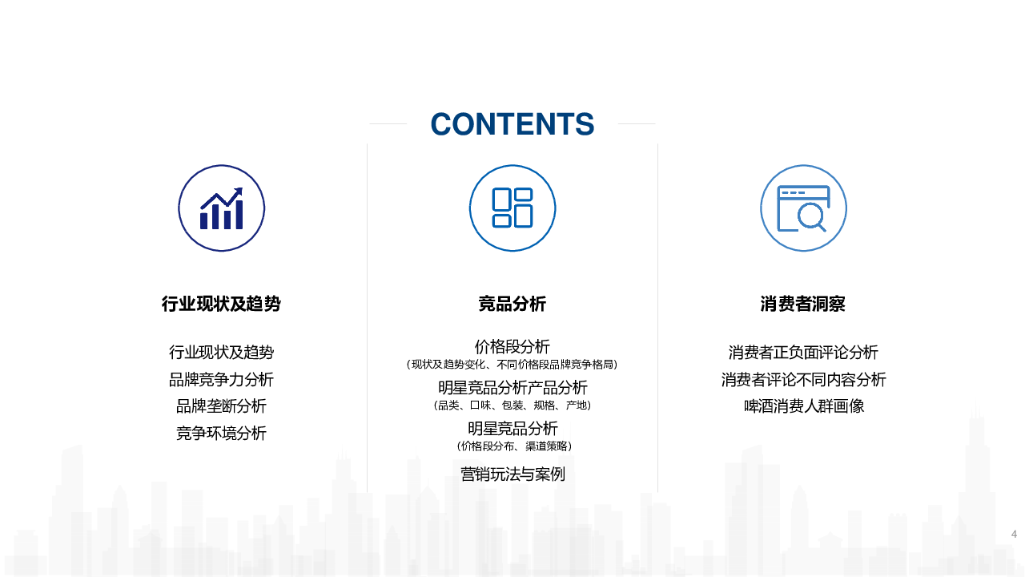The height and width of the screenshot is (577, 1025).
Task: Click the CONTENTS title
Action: click(512, 124)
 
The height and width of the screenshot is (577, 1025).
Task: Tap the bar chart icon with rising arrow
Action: click(222, 208)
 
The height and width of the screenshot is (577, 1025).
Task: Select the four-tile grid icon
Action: click(512, 208)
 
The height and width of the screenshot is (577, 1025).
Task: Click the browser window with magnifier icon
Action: click(803, 208)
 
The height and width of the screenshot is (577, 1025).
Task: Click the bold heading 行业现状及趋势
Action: click(221, 304)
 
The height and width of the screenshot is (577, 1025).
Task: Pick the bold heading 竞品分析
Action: click(512, 304)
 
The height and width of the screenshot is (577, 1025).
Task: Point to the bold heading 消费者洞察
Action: click(803, 304)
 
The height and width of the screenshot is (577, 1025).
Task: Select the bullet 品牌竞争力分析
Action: click(221, 379)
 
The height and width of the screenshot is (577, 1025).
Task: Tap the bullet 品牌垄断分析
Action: click(221, 406)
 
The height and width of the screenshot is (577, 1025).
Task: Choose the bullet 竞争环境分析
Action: click(221, 433)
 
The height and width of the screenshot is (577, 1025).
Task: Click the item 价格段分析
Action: click(512, 347)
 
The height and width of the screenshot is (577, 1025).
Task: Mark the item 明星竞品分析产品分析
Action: click(512, 387)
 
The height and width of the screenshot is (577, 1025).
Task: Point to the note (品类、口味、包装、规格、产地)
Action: click(512, 406)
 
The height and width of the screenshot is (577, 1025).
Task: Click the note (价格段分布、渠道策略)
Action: click(514, 446)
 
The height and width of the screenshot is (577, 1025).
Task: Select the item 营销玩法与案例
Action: click(512, 474)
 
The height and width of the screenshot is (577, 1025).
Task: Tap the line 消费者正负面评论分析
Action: click(803, 352)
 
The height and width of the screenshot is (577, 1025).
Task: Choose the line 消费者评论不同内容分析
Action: click(803, 379)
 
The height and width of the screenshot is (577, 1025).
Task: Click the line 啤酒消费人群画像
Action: click(803, 406)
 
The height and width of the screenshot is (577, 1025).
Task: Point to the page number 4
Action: click(1014, 534)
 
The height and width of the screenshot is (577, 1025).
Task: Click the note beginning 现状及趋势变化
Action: click(512, 365)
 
